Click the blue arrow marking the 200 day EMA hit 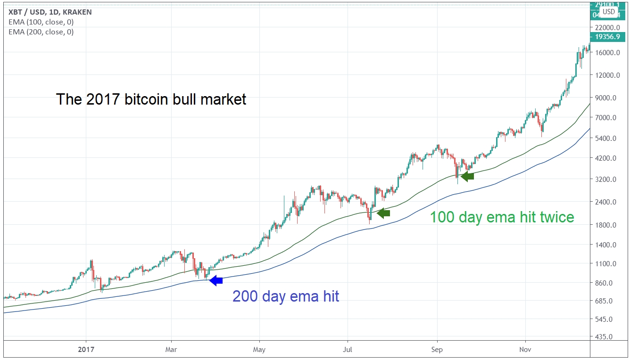[x=216, y=280]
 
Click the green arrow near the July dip [x=383, y=213]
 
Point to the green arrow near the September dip [x=467, y=176]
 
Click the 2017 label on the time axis [x=86, y=349]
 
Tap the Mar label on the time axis [x=171, y=349]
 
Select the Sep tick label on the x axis [x=437, y=349]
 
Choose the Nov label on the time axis [x=525, y=349]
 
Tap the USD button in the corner [x=609, y=11]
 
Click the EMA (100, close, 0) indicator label [x=41, y=22]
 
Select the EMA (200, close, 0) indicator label [x=41, y=32]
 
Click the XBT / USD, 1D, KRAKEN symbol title [x=50, y=12]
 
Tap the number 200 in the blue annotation [x=244, y=296]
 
